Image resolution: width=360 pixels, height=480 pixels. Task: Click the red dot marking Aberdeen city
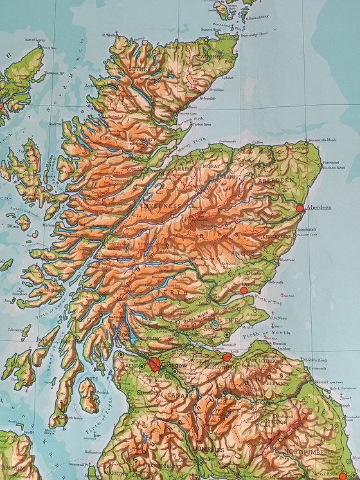[299, 208]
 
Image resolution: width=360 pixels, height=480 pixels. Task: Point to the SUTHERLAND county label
[148, 68]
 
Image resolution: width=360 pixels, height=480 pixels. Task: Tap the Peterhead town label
[330, 163]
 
